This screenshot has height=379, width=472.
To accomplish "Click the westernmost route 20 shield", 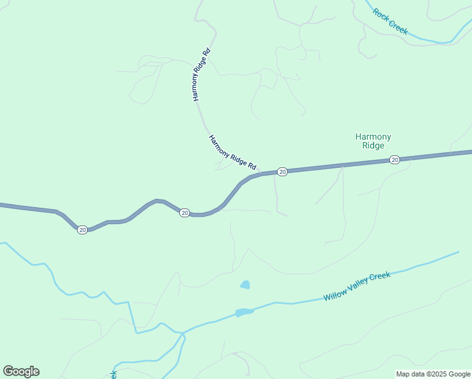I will [x=83, y=230].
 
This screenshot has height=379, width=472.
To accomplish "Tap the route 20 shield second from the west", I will [x=184, y=213].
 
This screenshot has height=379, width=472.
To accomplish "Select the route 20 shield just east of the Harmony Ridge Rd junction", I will [x=283, y=172].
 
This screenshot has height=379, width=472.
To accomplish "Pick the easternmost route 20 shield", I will [x=394, y=160].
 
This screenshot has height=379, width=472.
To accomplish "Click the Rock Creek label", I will [x=390, y=21].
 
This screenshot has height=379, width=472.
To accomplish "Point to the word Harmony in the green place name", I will [x=373, y=136].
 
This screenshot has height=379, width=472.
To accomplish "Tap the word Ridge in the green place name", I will [x=373, y=146].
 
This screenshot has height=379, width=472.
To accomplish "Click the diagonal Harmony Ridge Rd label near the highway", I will [x=232, y=152].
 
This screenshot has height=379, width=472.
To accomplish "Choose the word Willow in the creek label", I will [x=336, y=294].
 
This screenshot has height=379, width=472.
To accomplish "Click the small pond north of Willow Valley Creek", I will [x=245, y=285].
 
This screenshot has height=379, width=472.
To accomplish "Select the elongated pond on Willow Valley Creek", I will [x=244, y=312].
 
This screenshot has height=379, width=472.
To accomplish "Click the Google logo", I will [x=21, y=371].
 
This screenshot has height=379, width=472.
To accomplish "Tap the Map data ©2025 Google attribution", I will [x=433, y=374].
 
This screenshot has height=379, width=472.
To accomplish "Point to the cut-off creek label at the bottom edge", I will [x=114, y=374].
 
